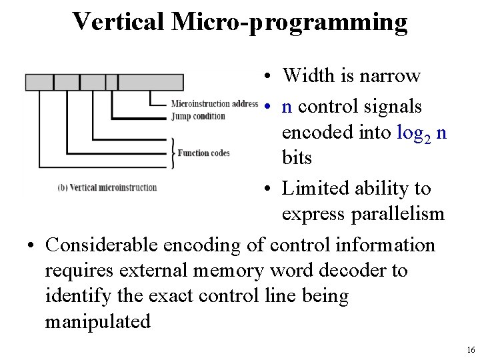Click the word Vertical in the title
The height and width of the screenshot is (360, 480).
121,21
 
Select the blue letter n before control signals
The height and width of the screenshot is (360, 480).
287,106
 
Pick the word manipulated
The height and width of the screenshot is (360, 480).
97,321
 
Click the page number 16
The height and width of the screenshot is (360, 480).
471,349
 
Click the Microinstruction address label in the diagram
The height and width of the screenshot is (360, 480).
215,103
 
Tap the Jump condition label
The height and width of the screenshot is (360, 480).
198,116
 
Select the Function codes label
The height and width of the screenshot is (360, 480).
203,153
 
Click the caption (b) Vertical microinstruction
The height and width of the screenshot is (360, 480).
107,187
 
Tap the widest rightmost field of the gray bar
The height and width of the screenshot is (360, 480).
151,82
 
